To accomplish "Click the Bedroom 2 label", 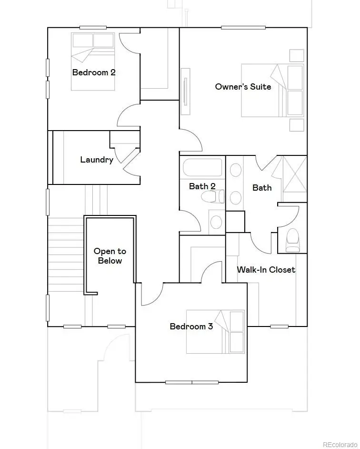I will click(94, 72).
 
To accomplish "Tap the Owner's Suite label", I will click(243, 87).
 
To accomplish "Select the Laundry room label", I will click(97, 160).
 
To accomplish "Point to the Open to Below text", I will click(110, 256).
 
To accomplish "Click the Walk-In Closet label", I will click(266, 269).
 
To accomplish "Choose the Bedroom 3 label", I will click(191, 327).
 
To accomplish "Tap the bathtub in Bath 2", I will click(202, 168).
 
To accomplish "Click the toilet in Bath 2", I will click(213, 197).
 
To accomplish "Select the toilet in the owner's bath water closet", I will click(292, 239).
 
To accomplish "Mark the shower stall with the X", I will click(295, 173).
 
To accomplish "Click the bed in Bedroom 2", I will click(93, 61).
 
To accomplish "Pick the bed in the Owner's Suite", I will click(272, 91).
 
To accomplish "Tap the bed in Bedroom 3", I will click(215, 332).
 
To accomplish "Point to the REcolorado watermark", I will click(340, 444).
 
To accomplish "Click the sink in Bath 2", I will click(216, 222).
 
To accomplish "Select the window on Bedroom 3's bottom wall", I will click(191, 382).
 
